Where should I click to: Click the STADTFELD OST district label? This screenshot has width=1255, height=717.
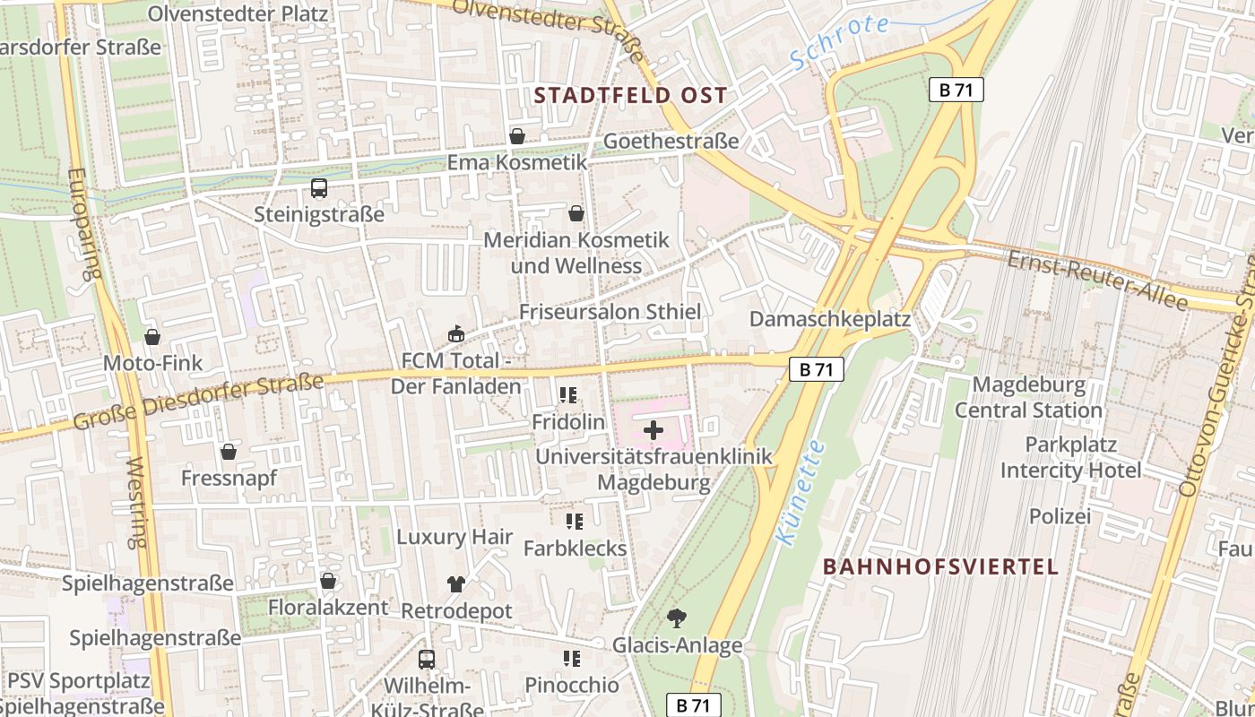point(630,95)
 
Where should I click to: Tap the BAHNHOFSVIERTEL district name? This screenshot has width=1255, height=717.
point(940,566)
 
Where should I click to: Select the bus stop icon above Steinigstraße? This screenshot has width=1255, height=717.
point(319,188)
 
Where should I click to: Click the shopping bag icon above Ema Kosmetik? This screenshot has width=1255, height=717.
point(517,136)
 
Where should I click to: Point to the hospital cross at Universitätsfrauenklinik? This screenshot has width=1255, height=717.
point(653,430)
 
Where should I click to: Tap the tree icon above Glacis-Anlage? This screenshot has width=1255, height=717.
point(677,618)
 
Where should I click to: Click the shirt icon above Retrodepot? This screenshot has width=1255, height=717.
point(456,584)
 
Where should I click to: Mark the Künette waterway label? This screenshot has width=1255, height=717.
point(800,493)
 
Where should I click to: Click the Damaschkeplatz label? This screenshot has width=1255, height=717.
point(829,319)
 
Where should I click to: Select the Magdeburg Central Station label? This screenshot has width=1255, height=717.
point(1028,398)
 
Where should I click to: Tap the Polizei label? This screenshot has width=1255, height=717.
point(1060,516)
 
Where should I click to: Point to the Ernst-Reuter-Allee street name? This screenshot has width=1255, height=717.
point(1097,281)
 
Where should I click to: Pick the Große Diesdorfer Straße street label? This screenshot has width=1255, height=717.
point(198,402)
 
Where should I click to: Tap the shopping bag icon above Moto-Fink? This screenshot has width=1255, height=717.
point(152,337)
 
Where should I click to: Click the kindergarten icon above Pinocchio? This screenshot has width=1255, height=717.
point(572,659)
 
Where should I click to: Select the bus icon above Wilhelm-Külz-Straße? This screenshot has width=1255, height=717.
point(427,660)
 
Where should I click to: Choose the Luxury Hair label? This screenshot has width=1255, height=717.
point(454,537)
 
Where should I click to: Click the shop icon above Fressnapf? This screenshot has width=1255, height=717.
point(229,452)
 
